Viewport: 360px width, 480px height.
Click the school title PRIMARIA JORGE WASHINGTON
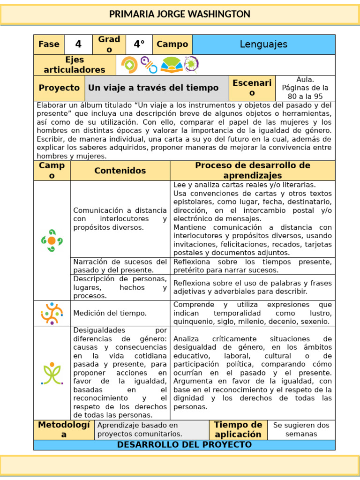pyautogui.click(x=180, y=15)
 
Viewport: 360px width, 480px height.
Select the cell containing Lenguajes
pyautogui.click(x=263, y=45)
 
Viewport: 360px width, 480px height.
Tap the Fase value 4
pyautogui.click(x=78, y=45)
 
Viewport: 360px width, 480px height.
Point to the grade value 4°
pyautogui.click(x=139, y=45)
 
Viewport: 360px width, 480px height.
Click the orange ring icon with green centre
pyautogui.click(x=129, y=65)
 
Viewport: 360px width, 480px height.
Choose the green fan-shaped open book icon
pyautogui.click(x=172, y=65)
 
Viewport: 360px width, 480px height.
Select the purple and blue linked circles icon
pyautogui.click(x=149, y=65)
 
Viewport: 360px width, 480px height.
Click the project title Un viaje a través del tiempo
pyautogui.click(x=153, y=88)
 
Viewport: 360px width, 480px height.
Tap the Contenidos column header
pyautogui.click(x=120, y=171)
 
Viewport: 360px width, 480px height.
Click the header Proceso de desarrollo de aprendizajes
pyautogui.click(x=252, y=171)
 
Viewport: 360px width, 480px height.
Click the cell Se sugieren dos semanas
pyautogui.click(x=301, y=429)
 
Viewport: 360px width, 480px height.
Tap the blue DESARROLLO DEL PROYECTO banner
pyautogui.click(x=184, y=445)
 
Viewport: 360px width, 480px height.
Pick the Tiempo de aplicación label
pyautogui.click(x=238, y=429)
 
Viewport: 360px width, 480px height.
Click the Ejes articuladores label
pyautogui.click(x=75, y=65)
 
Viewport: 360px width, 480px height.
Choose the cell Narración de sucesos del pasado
pyautogui.click(x=120, y=266)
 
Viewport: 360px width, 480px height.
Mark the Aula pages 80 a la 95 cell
pyautogui.click(x=305, y=88)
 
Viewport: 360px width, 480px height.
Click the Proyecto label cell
pyautogui.click(x=59, y=88)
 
